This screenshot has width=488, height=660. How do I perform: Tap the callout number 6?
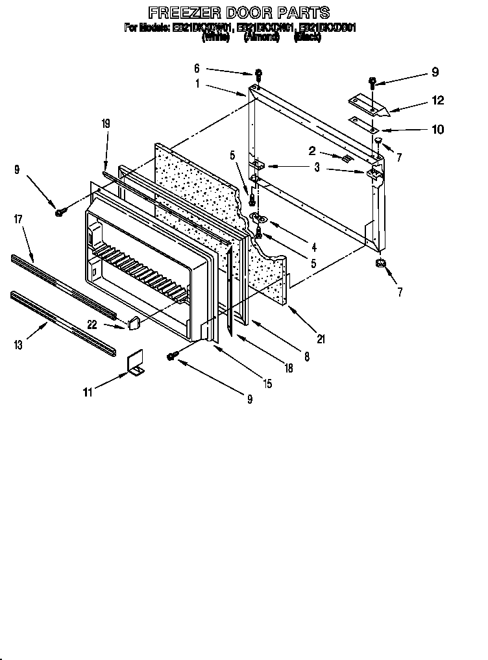coord(197,67)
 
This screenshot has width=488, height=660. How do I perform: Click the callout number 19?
coord(106,123)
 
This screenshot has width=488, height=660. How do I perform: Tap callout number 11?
coord(88,391)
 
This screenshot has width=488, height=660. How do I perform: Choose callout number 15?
coord(267,384)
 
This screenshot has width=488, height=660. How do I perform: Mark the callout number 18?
coord(288,368)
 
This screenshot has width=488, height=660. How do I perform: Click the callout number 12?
coord(437,100)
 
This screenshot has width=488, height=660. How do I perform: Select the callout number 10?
coord(437,130)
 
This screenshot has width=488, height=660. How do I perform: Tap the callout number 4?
coord(314,247)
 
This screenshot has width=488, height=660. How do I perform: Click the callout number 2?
coord(312,152)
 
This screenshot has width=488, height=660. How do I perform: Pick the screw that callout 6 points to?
coord(258,73)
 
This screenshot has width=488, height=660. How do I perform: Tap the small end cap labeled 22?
coord(134,321)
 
